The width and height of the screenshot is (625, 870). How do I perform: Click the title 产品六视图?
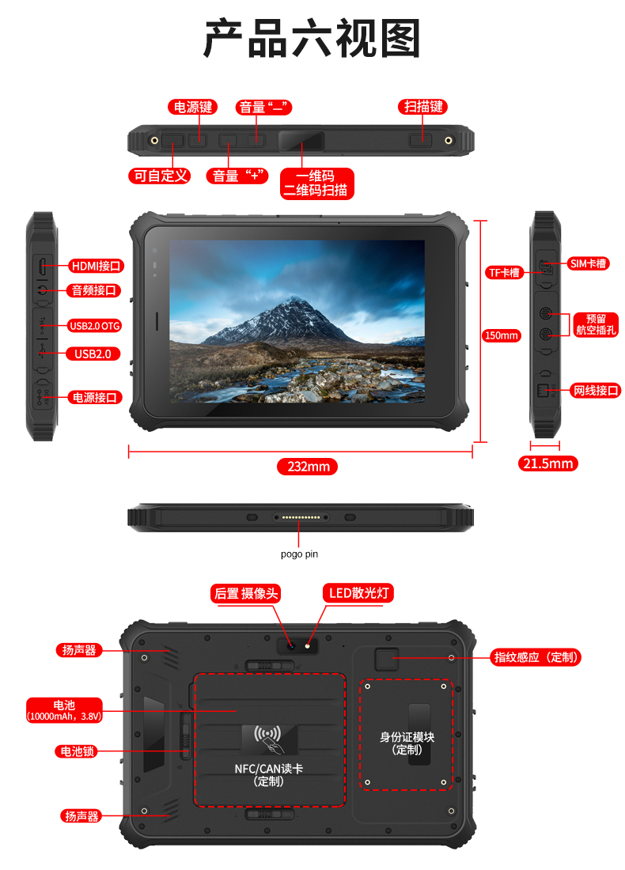pos(312,38)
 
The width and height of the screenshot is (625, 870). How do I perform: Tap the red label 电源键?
pos(192,107)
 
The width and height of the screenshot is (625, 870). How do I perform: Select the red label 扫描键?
pos(423,107)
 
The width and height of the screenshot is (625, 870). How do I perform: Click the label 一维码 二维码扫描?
pos(316,183)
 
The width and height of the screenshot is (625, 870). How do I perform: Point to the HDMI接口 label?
pos(96,267)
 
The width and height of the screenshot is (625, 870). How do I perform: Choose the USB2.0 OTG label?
pos(94,326)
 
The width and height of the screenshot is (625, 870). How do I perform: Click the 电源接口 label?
pos(95,397)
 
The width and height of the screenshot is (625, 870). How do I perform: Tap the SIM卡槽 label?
pos(588,263)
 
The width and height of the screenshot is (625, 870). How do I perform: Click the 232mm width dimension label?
pos(308,467)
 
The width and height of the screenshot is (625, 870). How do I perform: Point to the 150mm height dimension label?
pos(502,335)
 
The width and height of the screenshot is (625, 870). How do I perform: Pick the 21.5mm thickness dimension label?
pos(547,463)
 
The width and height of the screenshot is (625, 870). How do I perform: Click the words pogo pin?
pos(299,554)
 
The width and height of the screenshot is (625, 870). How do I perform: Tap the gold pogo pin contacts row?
pos(301,517)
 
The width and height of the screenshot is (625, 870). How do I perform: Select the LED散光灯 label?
pos(358,593)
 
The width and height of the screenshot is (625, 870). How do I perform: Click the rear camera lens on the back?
pos(290,646)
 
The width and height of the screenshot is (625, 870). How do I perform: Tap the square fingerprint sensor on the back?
pos(386,659)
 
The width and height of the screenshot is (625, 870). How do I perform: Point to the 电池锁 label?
pos(77,751)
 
